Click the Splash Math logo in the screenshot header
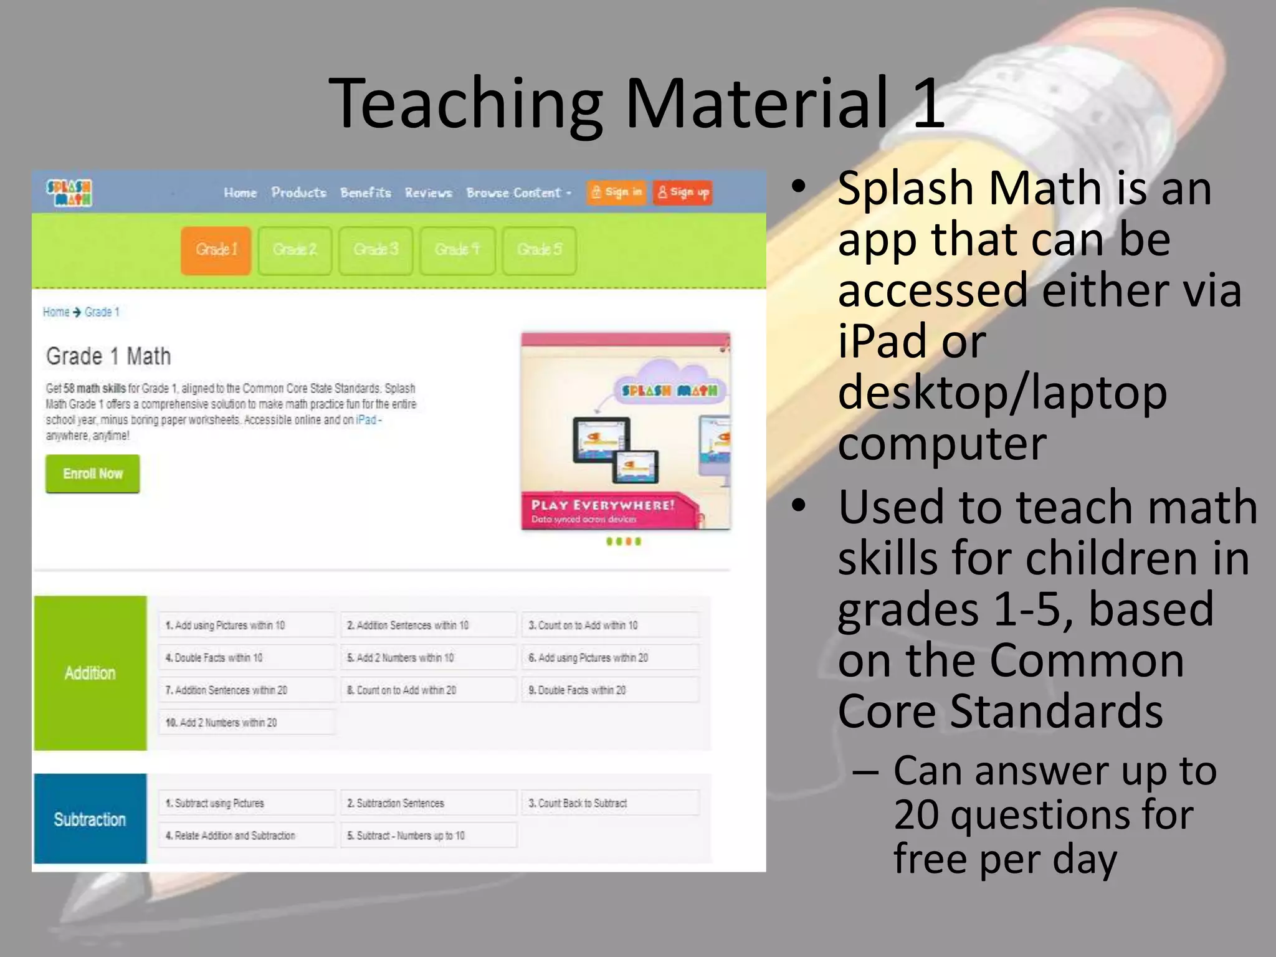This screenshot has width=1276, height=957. tap(69, 193)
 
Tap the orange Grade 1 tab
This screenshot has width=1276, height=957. tap(216, 250)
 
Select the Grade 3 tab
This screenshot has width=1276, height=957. tap(376, 250)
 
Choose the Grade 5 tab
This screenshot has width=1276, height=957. tap(539, 250)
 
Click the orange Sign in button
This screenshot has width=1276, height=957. tap(616, 193)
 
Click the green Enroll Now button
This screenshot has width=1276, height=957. tap(93, 474)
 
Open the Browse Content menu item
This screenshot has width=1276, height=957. tap(518, 193)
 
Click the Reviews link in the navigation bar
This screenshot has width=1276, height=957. tap(428, 193)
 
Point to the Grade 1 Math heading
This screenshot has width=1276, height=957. tap(108, 356)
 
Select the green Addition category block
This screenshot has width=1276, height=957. tap(90, 673)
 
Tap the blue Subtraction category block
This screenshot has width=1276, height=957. tap(90, 819)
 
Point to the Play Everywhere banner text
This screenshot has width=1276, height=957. tap(602, 505)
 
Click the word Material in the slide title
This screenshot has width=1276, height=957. tap(756, 103)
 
